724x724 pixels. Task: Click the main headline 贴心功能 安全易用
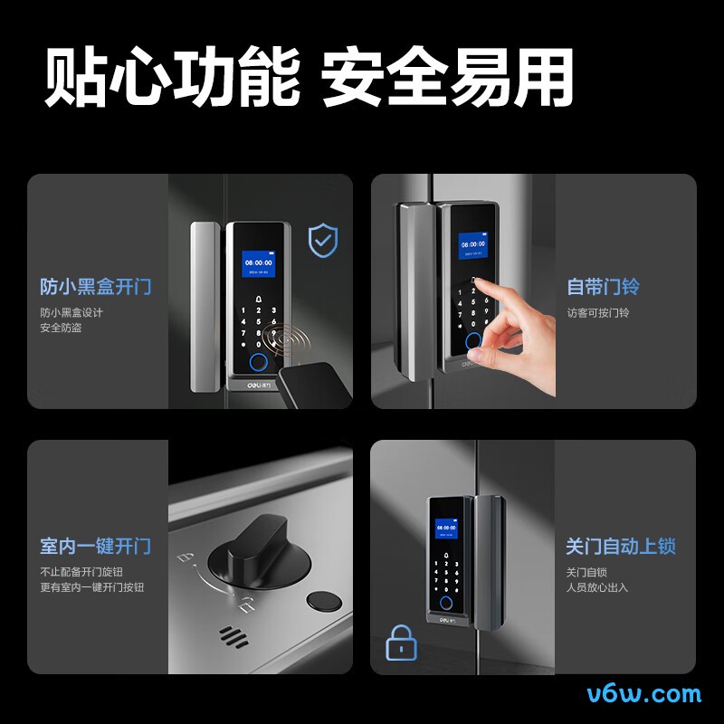309,78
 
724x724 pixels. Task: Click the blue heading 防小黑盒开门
95,287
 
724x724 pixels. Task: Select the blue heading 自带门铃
603,287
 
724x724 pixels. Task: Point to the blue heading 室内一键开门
95,547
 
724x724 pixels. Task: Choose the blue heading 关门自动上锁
621,547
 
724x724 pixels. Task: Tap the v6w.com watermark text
643,694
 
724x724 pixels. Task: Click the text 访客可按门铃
597,313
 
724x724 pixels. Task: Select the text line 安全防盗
61,328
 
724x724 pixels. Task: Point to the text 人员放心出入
596,587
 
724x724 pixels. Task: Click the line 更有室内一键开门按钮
91,587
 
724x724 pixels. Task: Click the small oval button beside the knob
322,602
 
